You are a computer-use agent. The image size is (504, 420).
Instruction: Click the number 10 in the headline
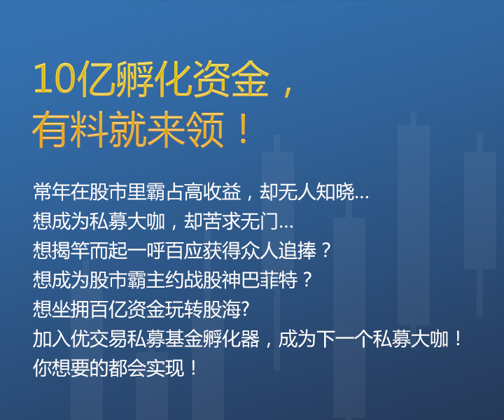coord(55,78)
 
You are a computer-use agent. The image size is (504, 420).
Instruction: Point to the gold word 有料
coord(70,129)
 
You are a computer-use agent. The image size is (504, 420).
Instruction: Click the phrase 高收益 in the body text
coord(213,192)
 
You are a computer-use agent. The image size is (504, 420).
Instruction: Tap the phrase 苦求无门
coord(240,221)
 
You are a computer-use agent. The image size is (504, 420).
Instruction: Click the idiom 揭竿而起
coord(90,251)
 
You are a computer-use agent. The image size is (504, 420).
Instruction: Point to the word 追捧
coord(297,251)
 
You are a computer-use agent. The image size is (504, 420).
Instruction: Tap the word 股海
coord(222,309)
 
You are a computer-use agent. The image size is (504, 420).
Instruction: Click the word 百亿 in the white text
coord(108,309)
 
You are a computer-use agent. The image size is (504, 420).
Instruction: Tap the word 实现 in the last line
coord(165,368)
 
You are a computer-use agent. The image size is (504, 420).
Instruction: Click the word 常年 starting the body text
coord(52,192)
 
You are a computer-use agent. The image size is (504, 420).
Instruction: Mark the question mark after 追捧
coord(326,251)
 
